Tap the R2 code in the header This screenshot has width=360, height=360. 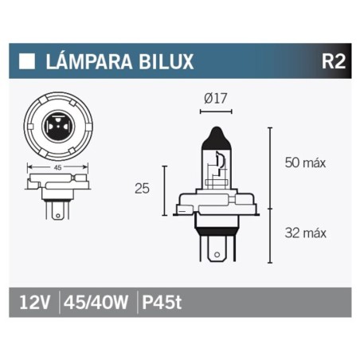coord(332,61)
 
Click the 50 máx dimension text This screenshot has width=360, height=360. coord(306,162)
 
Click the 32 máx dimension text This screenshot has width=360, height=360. coord(306,233)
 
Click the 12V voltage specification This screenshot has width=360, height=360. coord(34,303)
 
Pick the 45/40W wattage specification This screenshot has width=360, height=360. coord(96,303)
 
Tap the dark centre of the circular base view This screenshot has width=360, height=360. coord(58,127)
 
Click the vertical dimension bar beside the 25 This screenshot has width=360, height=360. coord(164,190)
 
